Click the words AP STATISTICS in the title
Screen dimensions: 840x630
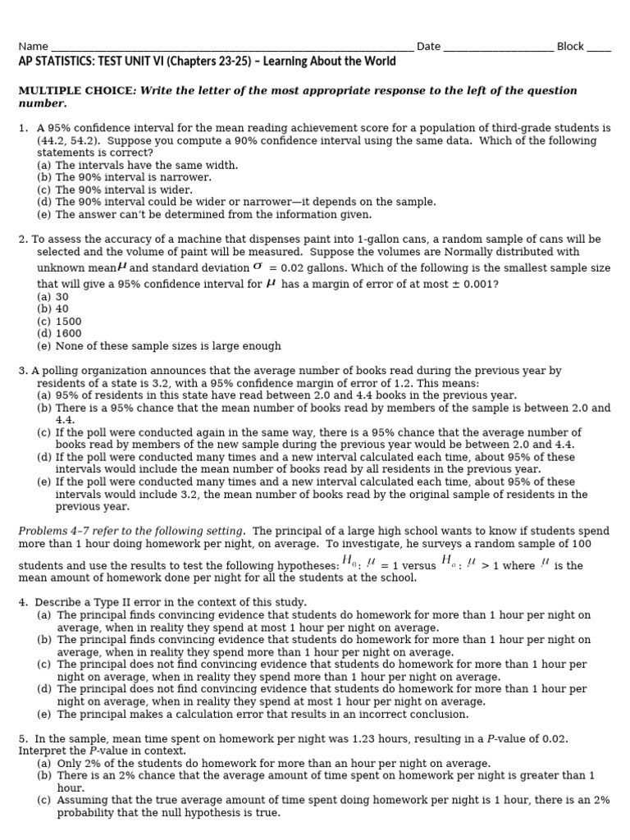point(56,62)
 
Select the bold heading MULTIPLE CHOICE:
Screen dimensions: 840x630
point(77,91)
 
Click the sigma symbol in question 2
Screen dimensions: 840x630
point(258,267)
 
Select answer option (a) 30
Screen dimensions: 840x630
point(52,297)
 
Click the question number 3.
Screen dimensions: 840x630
point(22,372)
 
